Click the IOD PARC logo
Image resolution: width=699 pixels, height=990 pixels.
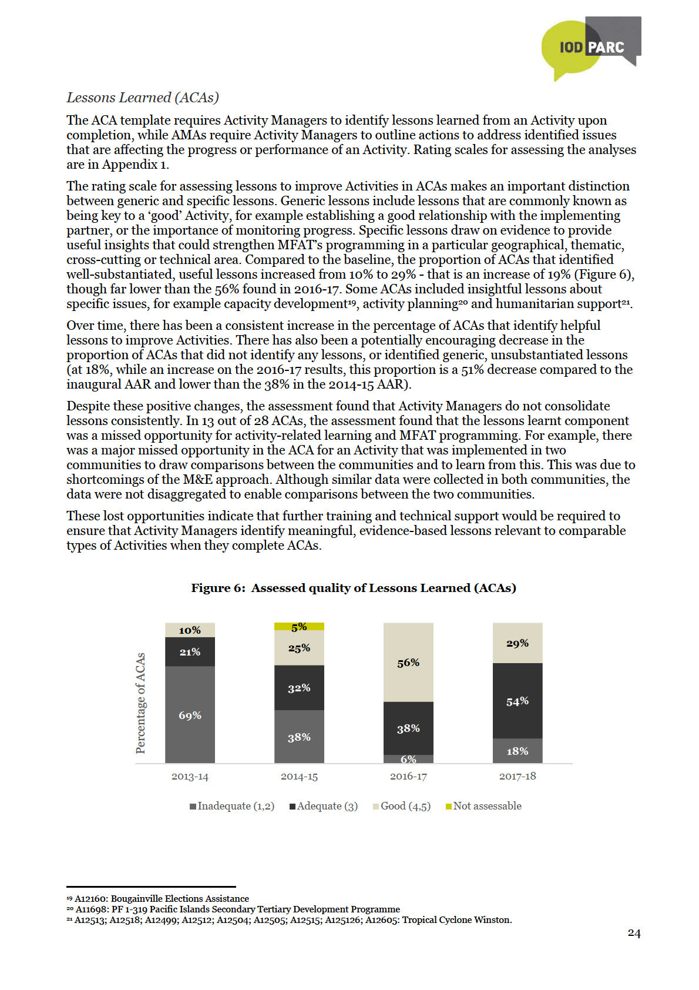point(590,47)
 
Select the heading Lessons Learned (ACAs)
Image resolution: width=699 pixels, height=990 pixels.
point(143,98)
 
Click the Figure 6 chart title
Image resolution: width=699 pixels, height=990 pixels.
point(353,588)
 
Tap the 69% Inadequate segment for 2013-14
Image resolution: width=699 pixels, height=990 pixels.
point(190,715)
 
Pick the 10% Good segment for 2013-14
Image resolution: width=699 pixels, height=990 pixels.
point(190,630)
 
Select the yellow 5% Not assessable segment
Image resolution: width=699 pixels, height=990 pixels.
point(299,627)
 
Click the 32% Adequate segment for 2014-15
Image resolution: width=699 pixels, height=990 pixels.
point(299,688)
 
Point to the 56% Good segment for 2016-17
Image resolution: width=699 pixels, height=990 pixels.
point(408,663)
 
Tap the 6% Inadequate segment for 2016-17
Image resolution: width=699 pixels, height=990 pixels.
point(408,759)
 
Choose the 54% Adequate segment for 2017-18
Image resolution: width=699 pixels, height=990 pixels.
point(517,701)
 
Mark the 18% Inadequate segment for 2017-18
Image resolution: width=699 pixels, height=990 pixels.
point(517,751)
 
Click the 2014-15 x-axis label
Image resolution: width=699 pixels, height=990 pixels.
point(299,777)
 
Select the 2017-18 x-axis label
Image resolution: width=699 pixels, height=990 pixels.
point(517,776)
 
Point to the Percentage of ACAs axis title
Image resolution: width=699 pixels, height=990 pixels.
point(140,703)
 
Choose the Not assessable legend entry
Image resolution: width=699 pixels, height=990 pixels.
point(483,806)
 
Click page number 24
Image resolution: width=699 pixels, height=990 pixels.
point(634,933)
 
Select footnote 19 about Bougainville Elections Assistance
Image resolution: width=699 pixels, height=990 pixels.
point(158,898)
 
